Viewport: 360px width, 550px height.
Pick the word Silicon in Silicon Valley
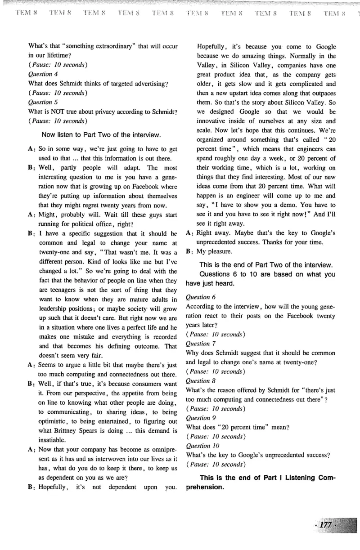238,65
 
